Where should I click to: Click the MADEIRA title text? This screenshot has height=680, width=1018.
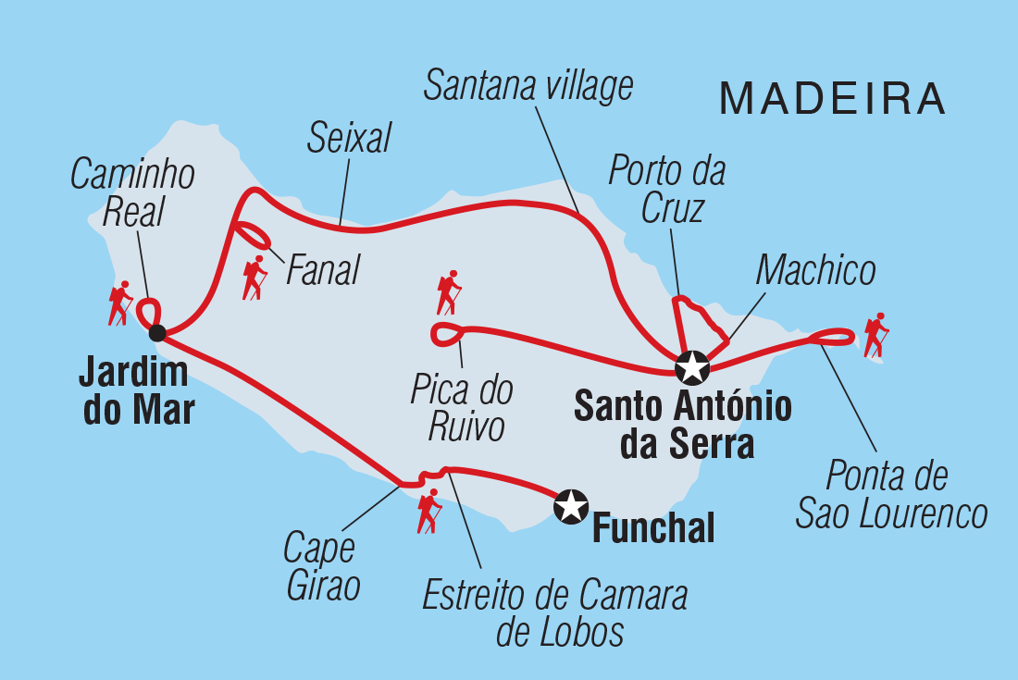coord(832,98)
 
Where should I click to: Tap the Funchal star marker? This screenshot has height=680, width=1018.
coord(571,505)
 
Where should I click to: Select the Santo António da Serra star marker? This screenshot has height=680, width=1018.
coord(691,367)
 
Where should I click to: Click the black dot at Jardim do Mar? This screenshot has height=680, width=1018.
coord(157,332)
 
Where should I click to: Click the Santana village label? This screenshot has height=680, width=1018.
coord(528,85)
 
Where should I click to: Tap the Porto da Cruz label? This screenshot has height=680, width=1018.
coord(666,190)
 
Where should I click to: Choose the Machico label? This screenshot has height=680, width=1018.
coord(815,271)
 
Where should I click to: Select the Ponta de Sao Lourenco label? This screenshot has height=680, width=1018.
coord(890,495)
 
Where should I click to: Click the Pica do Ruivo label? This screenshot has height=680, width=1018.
coord(463,408)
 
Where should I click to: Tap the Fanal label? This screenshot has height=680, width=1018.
coord(323,271)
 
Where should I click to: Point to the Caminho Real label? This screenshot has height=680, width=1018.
coord(132,192)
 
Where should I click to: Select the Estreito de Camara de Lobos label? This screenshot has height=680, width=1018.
coord(554,613)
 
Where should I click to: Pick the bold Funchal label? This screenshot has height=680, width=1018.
coord(652,530)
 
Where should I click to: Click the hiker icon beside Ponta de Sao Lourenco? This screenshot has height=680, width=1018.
coord(875,335)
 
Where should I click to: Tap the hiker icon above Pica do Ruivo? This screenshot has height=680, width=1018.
coord(448,293)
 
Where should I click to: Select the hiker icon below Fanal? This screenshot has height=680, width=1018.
coord(254,278)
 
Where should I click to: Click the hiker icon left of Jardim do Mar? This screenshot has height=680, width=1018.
coord(119,303)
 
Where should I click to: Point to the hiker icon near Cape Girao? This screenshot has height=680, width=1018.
coord(428,512)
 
